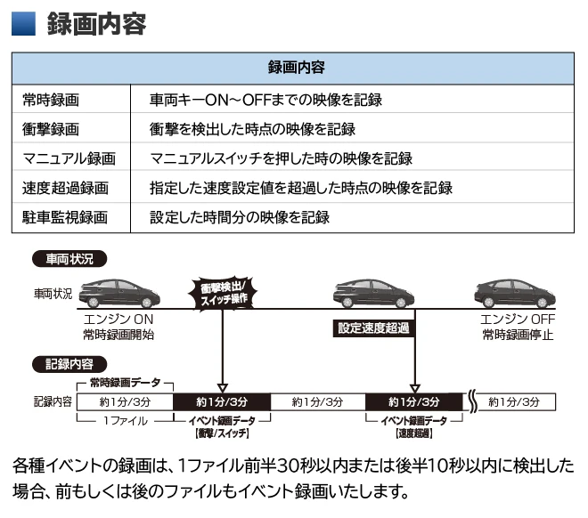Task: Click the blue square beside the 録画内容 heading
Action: click(23, 23)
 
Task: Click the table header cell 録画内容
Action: click(294, 68)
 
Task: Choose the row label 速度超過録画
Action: click(64, 188)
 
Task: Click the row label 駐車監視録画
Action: click(64, 217)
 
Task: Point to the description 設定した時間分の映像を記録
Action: click(240, 217)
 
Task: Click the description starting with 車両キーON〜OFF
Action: click(266, 101)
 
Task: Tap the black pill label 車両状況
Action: click(69, 259)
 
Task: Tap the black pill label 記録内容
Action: click(69, 364)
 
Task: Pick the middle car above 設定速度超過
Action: click(374, 293)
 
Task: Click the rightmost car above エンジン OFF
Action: click(516, 293)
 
